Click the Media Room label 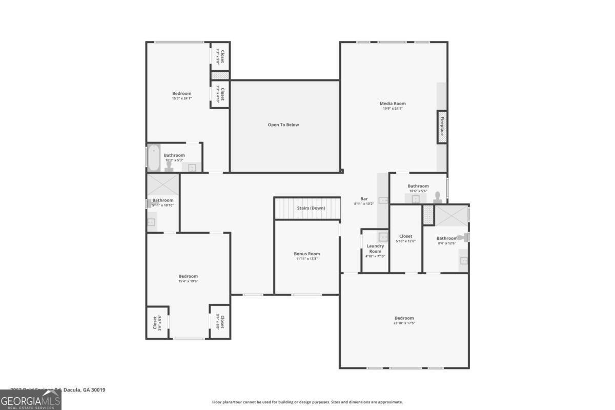393,104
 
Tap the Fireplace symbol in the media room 442,126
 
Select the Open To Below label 283,125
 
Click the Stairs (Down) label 311,208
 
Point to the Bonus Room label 306,254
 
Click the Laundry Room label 375,249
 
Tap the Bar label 364,199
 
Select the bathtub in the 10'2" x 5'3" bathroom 154,157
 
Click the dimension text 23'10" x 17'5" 404,323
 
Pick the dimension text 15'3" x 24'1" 181,98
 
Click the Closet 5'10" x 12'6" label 405,236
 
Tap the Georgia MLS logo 30,400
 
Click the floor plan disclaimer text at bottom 307,402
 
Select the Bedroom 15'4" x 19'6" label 188,276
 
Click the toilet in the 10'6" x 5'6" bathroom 438,196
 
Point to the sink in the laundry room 383,236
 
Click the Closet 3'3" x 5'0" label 220,56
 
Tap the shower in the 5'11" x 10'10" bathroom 163,184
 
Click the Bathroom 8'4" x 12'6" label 446,238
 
